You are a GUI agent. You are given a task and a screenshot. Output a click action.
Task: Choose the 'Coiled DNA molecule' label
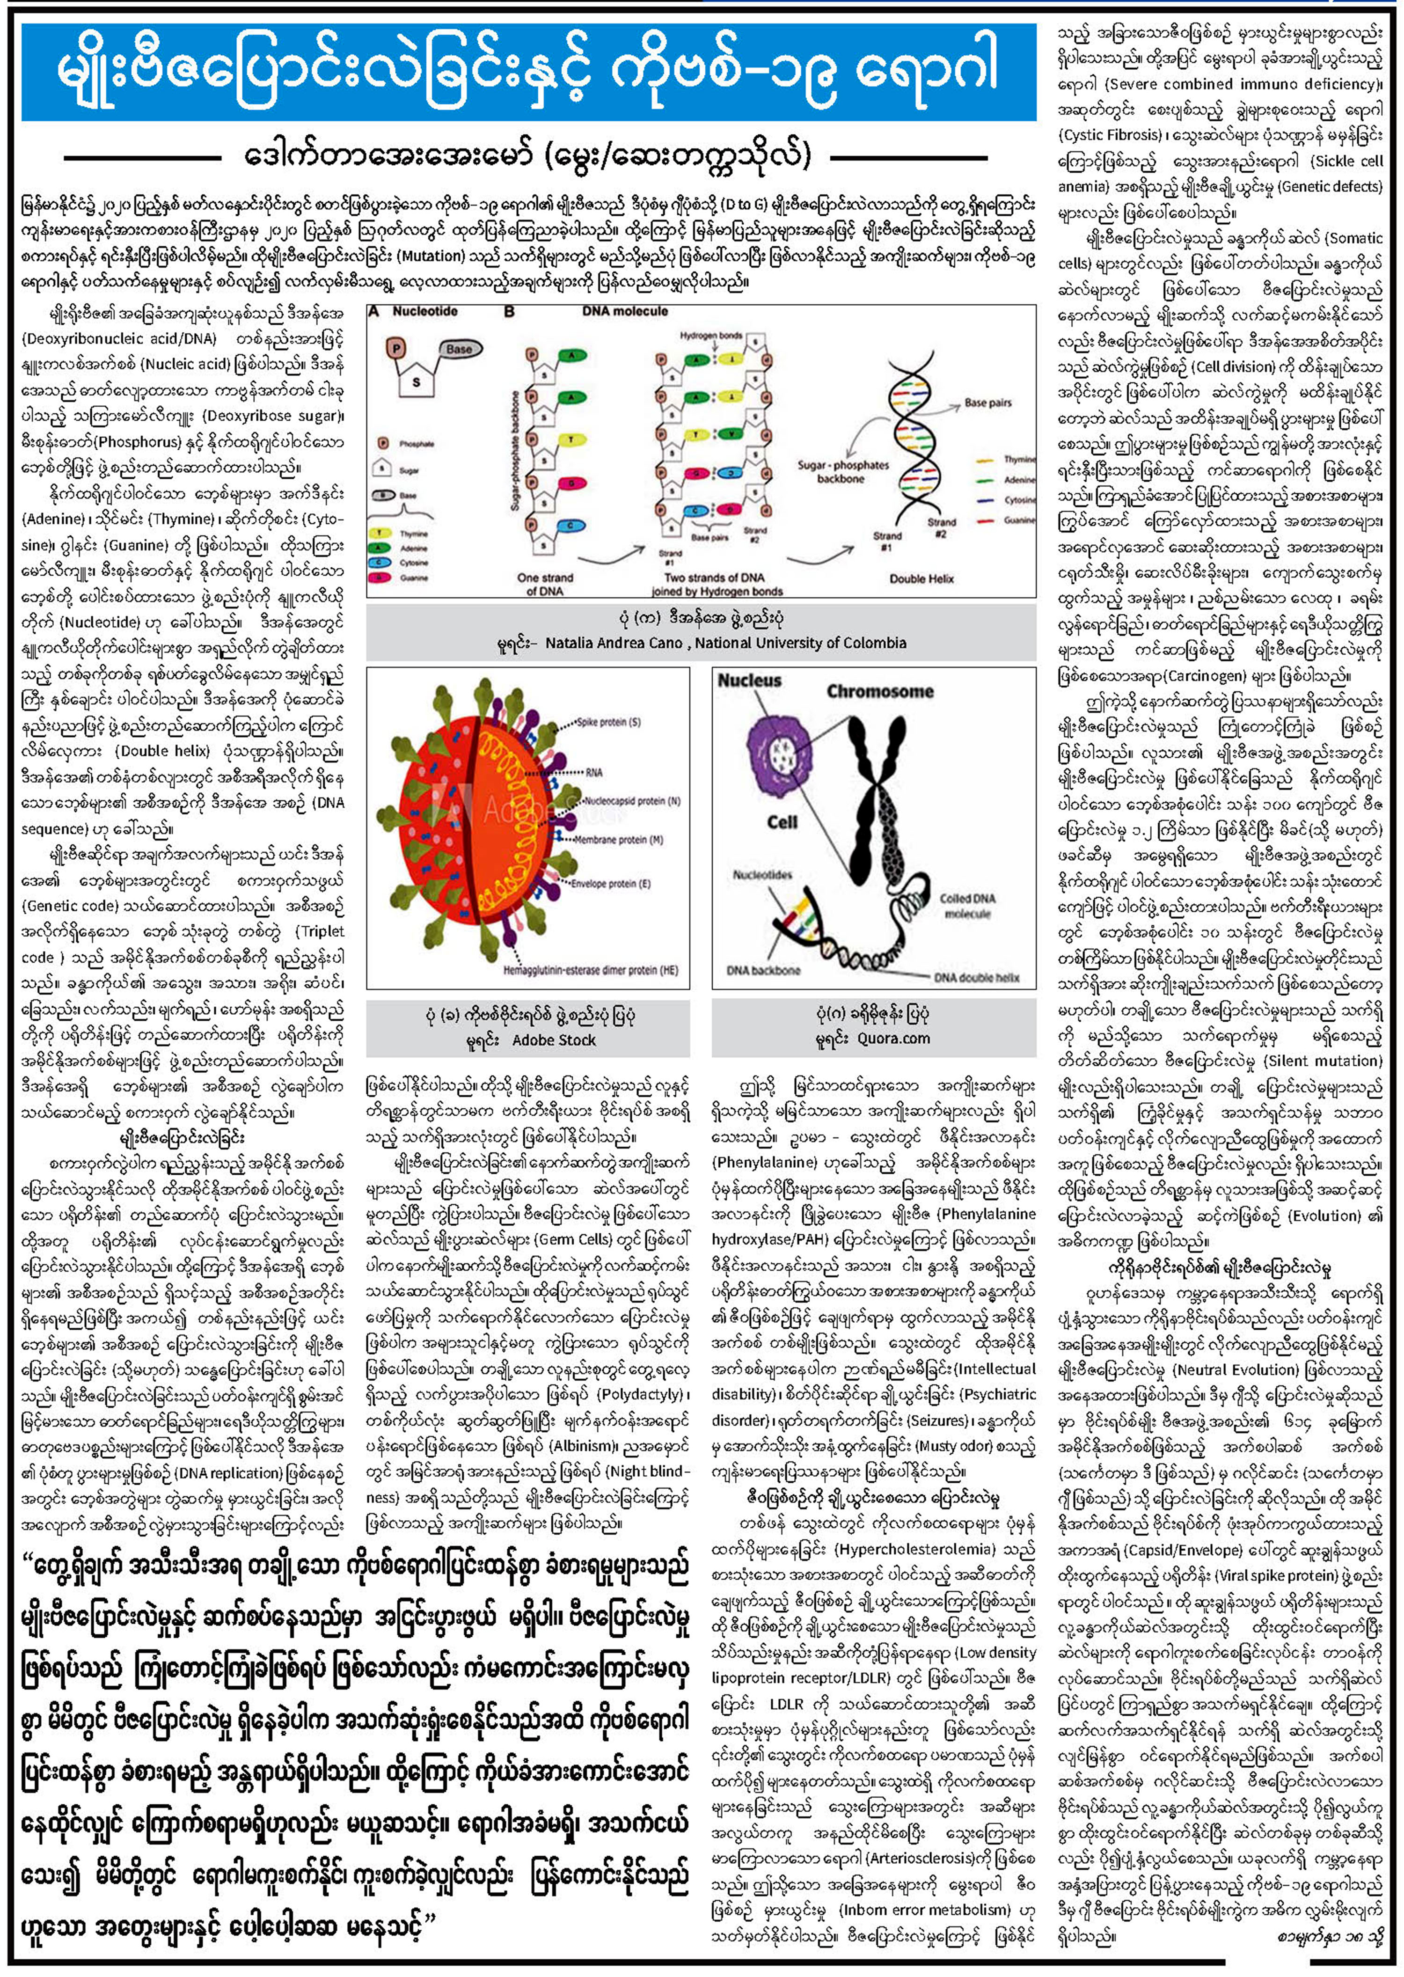tap(967, 905)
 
